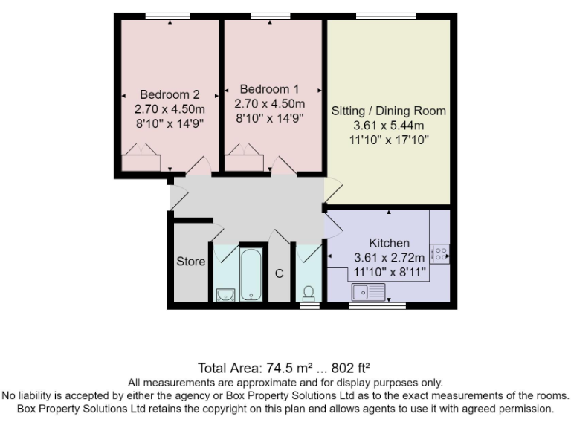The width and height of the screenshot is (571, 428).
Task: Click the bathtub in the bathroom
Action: pos(252,275)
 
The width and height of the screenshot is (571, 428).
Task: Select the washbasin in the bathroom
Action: pos(224,295)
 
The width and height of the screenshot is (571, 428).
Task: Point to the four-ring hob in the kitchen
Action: pos(439,254)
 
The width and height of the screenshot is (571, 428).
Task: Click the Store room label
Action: pos(190,262)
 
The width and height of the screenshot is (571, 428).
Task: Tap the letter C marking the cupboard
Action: pos(280,273)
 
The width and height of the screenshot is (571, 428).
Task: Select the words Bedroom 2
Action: pos(170,94)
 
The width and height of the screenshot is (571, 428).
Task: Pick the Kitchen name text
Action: pos(389,243)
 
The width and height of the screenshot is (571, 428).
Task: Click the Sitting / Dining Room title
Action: pos(388,111)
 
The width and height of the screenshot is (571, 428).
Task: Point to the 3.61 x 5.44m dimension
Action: pos(388,126)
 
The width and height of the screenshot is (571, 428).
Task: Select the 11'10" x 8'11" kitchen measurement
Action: pos(389,272)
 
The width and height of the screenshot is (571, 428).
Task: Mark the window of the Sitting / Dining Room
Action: pos(386,16)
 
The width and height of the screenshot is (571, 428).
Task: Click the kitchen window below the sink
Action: pos(378,305)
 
